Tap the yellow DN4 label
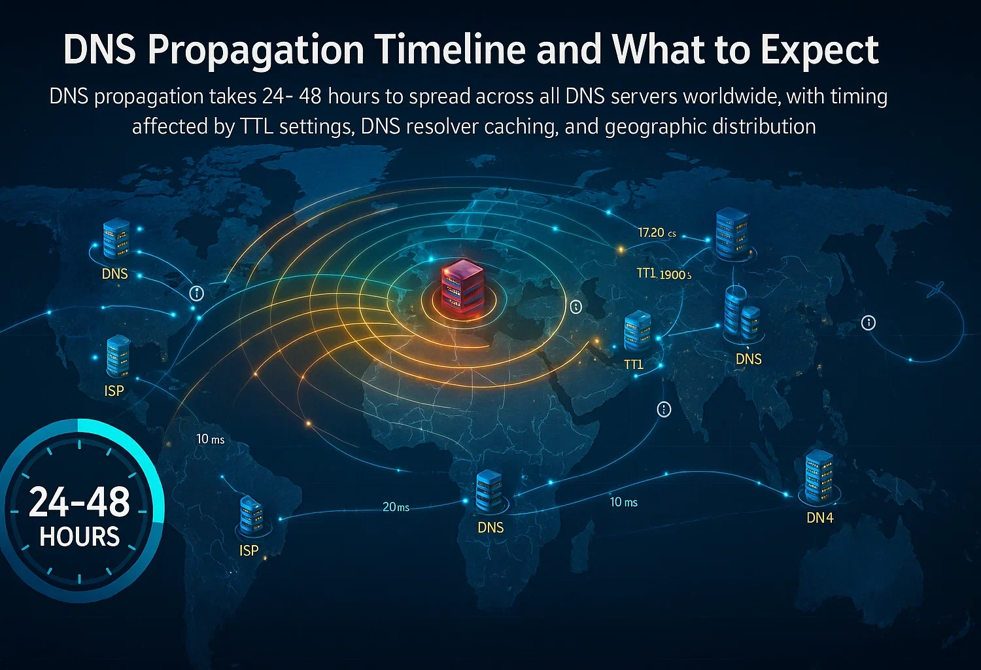pyautogui.click(x=819, y=518)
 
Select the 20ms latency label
pyautogui.click(x=396, y=507)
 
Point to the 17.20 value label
pyautogui.click(x=651, y=233)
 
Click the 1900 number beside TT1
pyautogui.click(x=672, y=275)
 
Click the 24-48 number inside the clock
pyautogui.click(x=80, y=502)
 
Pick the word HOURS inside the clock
pyautogui.click(x=80, y=537)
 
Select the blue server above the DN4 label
pyautogui.click(x=819, y=474)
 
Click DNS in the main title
pyautogui.click(x=99, y=50)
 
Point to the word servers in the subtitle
pyautogui.click(x=639, y=97)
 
